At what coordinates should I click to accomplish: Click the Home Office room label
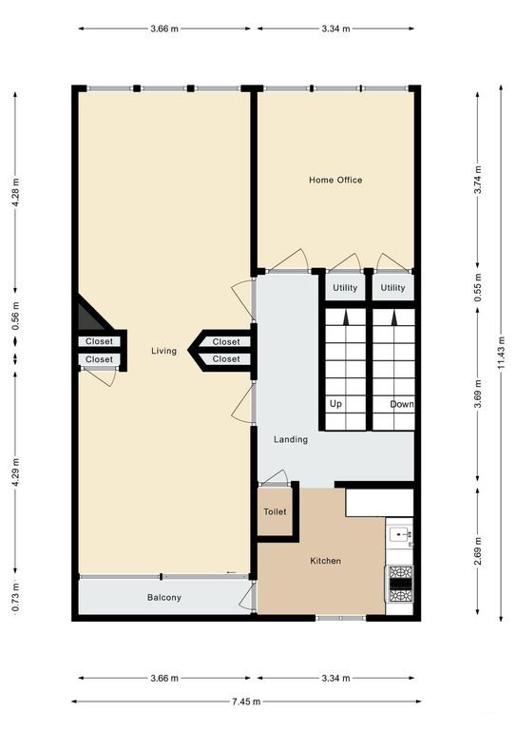pos(335,180)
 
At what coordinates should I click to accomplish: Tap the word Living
pos(163,351)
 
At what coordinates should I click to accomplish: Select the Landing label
pos(290,439)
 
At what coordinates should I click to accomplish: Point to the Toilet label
pos(275,511)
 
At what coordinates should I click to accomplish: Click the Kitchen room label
pos(325,561)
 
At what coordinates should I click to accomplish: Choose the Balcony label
pos(163,598)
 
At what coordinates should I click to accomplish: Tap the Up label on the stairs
pos(335,404)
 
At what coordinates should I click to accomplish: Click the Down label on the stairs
pos(402,404)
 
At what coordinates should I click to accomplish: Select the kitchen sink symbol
pos(400,534)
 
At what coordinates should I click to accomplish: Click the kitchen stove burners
pos(399,584)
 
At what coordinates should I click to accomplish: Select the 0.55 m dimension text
pos(478,288)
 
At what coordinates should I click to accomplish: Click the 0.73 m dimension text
pos(15,598)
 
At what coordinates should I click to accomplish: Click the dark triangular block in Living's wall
pos(87,314)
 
